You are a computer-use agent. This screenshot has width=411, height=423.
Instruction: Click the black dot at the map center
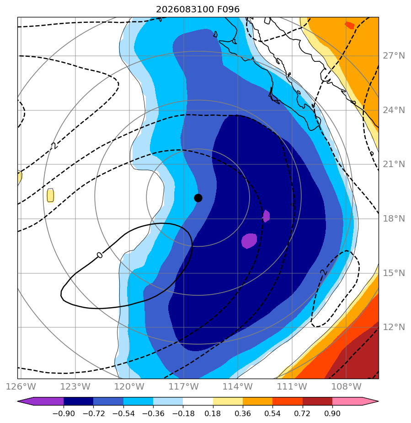pos(198,198)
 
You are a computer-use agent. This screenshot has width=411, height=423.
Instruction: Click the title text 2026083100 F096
pos(197,10)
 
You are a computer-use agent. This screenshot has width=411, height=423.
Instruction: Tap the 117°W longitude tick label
pos(184,386)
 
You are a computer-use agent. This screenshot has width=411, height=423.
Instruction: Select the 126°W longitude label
pos(21,386)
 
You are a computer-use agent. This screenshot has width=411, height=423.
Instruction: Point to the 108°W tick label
pos(346,386)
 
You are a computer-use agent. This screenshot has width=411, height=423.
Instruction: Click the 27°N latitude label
pos(394,56)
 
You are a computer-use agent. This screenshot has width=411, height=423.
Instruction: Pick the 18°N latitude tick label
pos(394,218)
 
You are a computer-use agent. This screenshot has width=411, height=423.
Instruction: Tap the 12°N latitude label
pos(394,327)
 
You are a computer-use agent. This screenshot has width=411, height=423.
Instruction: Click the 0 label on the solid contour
pos(100,255)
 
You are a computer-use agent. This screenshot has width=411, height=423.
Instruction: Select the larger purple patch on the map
pos(249,241)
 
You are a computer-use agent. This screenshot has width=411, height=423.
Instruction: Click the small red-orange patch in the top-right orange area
pos(350,25)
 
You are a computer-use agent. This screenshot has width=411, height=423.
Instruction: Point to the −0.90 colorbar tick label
pos(64,413)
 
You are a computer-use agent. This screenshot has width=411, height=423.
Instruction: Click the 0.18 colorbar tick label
pos(213,413)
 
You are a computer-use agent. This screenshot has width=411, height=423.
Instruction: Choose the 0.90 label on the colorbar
pos(332,413)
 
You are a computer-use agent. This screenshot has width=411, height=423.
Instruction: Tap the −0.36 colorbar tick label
pos(153,413)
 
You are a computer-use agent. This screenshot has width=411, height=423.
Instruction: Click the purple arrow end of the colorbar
pos(40,401)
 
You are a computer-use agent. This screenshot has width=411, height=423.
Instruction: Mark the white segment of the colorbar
pos(198,401)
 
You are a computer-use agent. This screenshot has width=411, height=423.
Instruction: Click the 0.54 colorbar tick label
pos(272,413)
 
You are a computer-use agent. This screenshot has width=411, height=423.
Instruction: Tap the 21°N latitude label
pos(394,164)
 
